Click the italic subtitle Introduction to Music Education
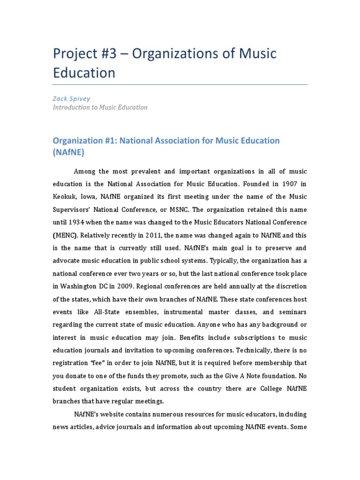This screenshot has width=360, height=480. click(100, 107)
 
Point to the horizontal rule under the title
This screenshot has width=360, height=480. click(180, 85)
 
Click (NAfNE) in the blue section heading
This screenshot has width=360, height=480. click(69, 152)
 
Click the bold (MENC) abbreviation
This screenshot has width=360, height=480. click(65, 235)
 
